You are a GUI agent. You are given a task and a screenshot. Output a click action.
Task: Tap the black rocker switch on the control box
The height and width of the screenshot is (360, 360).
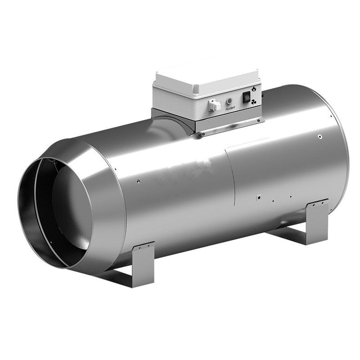(247, 96)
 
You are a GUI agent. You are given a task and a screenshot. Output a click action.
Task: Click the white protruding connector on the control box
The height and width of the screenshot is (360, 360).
(215, 105)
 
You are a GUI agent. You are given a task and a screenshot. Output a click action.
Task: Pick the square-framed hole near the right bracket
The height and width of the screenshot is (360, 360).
(259, 197)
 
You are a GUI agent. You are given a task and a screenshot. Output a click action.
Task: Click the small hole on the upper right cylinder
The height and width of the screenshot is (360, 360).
(319, 136)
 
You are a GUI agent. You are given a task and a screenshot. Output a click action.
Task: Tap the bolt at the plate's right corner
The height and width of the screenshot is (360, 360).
(261, 120)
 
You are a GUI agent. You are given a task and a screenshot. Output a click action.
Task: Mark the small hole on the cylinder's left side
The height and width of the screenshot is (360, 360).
(138, 181)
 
